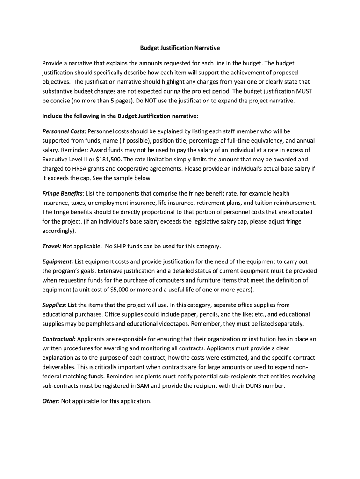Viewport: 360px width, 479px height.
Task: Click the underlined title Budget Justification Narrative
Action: [x=180, y=48]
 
